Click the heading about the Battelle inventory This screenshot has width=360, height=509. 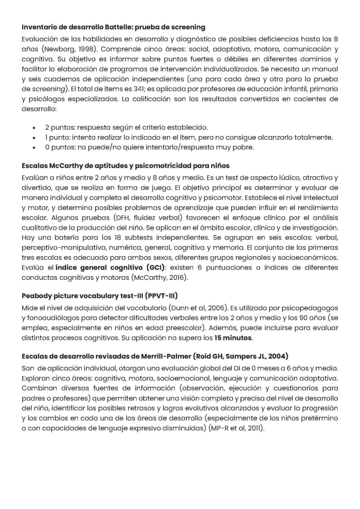pos(113,26)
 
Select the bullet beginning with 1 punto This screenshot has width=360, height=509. pos(189,137)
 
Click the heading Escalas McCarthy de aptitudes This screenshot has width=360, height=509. pos(125,166)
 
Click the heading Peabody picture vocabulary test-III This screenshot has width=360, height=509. pos(99,296)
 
